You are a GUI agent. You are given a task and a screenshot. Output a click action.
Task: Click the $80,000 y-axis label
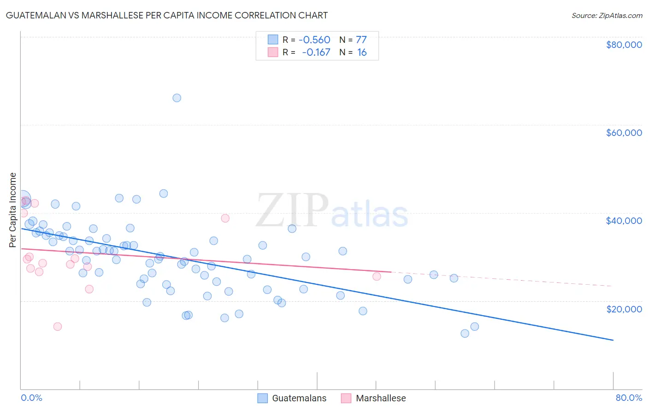[x=624, y=45]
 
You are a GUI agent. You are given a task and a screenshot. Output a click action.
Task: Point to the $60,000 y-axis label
[x=624, y=133]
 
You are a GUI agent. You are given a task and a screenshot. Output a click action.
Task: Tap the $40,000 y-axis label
[x=624, y=221]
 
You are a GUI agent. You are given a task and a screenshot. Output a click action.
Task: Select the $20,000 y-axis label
[x=624, y=309]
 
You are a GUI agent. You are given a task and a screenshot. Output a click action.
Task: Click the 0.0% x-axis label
[x=31, y=398]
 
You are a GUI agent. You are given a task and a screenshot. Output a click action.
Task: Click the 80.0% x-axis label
[x=629, y=398]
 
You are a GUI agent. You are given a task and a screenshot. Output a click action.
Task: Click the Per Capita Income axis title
[x=13, y=210]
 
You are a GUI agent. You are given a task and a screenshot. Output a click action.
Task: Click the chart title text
[x=167, y=15]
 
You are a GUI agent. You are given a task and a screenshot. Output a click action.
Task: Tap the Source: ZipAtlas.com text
[x=607, y=16]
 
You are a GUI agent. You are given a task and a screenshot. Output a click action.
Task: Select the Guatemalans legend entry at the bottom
[x=292, y=398]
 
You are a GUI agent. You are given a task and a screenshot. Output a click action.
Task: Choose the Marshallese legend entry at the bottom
[x=374, y=398]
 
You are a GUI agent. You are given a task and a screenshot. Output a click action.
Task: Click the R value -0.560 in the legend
[x=314, y=40]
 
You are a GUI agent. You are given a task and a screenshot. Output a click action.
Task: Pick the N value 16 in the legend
[x=362, y=53]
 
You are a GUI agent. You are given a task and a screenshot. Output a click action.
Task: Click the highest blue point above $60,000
[x=177, y=98]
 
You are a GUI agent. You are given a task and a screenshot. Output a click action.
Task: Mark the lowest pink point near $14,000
[x=58, y=327]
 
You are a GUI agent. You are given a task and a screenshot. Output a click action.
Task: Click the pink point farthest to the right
[x=377, y=276]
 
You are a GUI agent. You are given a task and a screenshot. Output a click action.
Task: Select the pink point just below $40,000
[x=225, y=218]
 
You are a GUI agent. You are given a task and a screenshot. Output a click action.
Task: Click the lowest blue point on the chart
[x=465, y=334]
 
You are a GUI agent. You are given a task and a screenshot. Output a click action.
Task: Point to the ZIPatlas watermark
[x=332, y=211]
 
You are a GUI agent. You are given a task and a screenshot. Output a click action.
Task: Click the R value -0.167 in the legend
[x=316, y=53]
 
